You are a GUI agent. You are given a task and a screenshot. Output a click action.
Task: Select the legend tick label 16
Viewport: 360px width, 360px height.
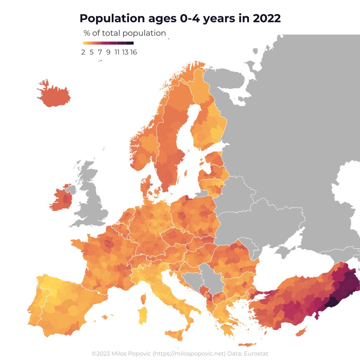pyautogui.click(x=133, y=52)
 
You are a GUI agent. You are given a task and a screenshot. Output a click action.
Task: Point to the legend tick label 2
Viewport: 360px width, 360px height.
pyautogui.click(x=83, y=52)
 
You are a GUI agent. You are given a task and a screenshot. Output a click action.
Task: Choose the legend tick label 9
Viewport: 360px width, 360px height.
pyautogui.click(x=108, y=52)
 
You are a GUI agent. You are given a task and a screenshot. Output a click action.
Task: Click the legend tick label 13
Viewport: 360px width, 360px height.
pyautogui.click(x=125, y=52)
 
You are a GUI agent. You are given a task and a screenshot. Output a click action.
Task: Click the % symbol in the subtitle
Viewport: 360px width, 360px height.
pyautogui.click(x=87, y=33)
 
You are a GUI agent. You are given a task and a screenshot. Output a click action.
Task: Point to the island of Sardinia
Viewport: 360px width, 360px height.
pyautogui.click(x=142, y=315)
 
